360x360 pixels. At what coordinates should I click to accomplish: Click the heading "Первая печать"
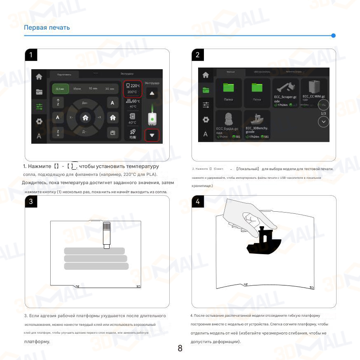pyautogui.click(x=47, y=28)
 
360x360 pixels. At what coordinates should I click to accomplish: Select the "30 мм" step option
pyautogui.click(x=109, y=89)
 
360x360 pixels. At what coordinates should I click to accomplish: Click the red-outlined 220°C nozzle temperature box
pyautogui.click(x=132, y=89)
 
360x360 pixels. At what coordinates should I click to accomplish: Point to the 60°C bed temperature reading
pyautogui.click(x=133, y=101)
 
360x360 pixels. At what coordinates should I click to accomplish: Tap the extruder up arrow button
pyautogui.click(x=152, y=94)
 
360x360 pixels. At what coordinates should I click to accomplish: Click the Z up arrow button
pyautogui.click(x=58, y=103)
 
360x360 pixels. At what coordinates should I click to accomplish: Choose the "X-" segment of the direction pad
pyautogui.click(x=72, y=117)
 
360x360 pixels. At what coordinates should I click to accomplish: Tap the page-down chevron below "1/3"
pyautogui.click(x=324, y=122)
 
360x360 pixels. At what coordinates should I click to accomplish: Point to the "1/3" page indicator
pyautogui.click(x=323, y=113)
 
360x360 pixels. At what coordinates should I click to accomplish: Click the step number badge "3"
pyautogui.click(x=31, y=201)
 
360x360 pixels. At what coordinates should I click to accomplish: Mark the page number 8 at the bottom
pyautogui.click(x=180, y=348)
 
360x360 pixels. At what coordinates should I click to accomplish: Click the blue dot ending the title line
pyautogui.click(x=333, y=36)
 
